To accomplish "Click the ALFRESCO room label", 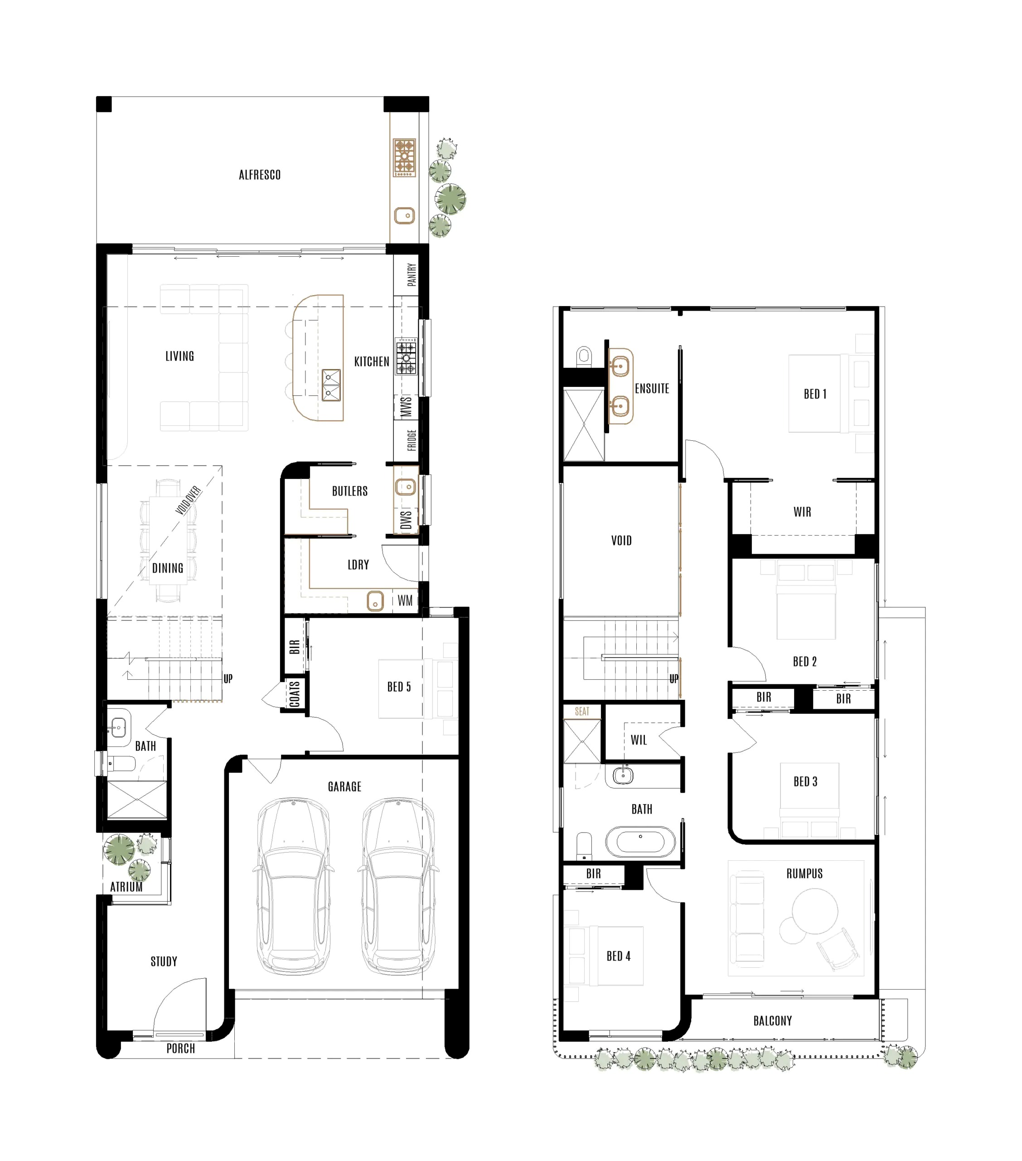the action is [x=260, y=175].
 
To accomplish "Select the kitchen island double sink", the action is [x=331, y=385].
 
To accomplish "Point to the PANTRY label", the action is [x=412, y=274].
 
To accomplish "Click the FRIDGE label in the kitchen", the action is [x=412, y=440].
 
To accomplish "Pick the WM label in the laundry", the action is [x=405, y=601].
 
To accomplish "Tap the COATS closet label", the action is [x=294, y=694].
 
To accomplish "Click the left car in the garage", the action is [x=293, y=887].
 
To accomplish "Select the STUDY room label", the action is [x=164, y=961].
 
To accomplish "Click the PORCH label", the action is [x=180, y=1049].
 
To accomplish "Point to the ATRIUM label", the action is [x=126, y=887].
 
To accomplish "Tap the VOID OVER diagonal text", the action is [x=188, y=500].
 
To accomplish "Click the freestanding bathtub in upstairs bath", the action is [x=640, y=841].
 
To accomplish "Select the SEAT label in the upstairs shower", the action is [x=582, y=711].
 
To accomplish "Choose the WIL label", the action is [x=639, y=740].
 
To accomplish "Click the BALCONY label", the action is [x=772, y=1021].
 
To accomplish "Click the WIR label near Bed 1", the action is [x=802, y=512].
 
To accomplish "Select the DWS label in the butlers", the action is [x=406, y=520].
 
